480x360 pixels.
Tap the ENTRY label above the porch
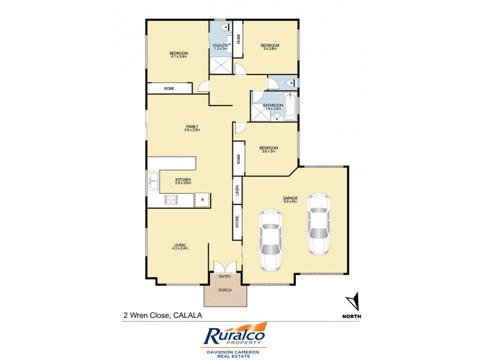pos(225,276)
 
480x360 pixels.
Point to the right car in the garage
pos(318,222)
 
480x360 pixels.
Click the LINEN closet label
pos(238,190)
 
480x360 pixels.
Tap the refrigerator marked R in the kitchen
pos(202,200)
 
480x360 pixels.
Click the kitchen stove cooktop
pos(170,200)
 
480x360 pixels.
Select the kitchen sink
pos(153,178)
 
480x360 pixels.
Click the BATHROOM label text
pos(273,106)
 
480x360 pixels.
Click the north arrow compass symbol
pos(353,302)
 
